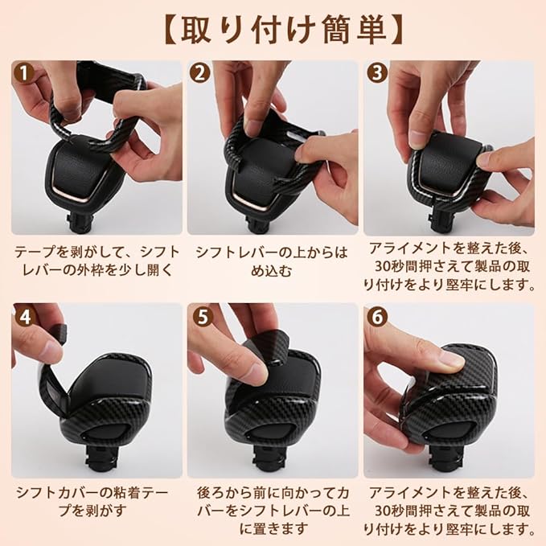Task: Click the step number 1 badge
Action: (23, 74)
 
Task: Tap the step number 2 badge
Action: (200, 74)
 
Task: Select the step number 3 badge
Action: (377, 74)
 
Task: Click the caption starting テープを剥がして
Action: (96, 261)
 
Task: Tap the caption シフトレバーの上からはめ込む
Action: (272, 261)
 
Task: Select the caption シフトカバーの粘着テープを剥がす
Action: (92, 502)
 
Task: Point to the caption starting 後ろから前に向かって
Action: (273, 511)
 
